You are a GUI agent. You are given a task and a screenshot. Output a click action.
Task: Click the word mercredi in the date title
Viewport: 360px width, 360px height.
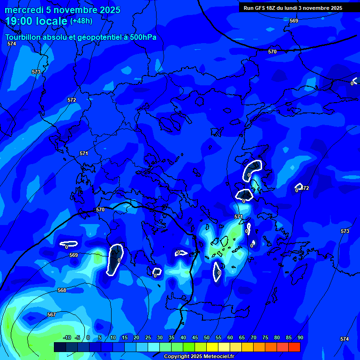pyautogui.click(x=24, y=10)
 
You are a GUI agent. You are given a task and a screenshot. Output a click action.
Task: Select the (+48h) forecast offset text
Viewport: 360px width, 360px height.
pyautogui.click(x=81, y=21)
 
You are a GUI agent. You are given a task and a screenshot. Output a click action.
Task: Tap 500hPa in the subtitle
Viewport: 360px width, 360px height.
pyautogui.click(x=143, y=37)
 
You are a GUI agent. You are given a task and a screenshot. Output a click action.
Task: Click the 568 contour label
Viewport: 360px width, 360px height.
pyautogui.click(x=62, y=290)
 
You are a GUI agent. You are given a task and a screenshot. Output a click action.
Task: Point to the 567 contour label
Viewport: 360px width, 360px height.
pyautogui.click(x=52, y=315)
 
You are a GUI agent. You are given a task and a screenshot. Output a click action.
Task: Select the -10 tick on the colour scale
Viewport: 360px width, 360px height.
pyautogui.click(x=67, y=337)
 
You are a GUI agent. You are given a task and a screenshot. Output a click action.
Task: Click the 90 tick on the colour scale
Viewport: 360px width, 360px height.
pyautogui.click(x=300, y=337)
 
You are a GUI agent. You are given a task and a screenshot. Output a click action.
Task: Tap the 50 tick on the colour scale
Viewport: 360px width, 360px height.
pyautogui.click(x=207, y=337)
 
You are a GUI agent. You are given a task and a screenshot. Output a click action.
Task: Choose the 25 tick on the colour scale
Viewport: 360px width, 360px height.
pyautogui.click(x=148, y=337)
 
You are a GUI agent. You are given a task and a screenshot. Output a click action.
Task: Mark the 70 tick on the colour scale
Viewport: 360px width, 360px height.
pyautogui.click(x=254, y=337)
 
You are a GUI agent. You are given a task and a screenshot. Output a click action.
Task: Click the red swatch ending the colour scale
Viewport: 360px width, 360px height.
pyautogui.click(x=294, y=347)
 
